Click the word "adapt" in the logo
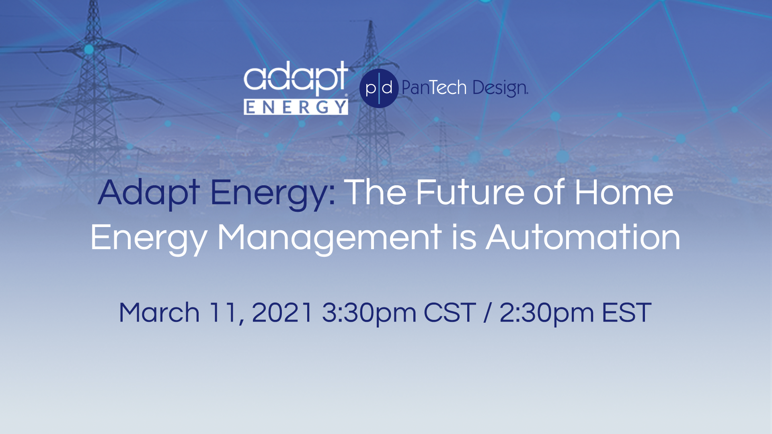click(x=296, y=78)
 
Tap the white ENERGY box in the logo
click(x=296, y=107)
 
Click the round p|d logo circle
click(x=379, y=88)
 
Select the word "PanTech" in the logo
click(x=434, y=87)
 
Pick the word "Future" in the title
click(x=470, y=192)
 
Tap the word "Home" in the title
click(x=624, y=192)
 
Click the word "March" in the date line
click(x=159, y=312)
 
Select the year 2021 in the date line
click(x=282, y=312)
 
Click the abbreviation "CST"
click(x=450, y=312)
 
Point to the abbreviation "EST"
click(x=626, y=312)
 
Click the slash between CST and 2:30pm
click(x=488, y=313)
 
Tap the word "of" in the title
click(x=549, y=192)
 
